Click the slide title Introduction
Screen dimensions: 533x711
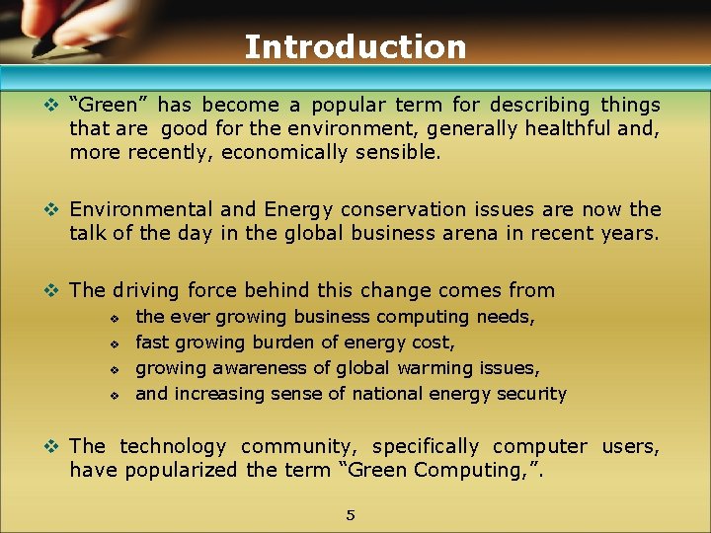(x=355, y=46)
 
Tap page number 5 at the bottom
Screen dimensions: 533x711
(x=350, y=514)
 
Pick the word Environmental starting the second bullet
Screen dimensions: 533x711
(x=141, y=209)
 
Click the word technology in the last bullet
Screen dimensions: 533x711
(x=174, y=446)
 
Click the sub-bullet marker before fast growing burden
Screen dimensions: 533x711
(x=115, y=343)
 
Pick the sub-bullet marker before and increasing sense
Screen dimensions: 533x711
(x=115, y=395)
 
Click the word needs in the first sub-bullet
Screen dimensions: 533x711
(x=506, y=317)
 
